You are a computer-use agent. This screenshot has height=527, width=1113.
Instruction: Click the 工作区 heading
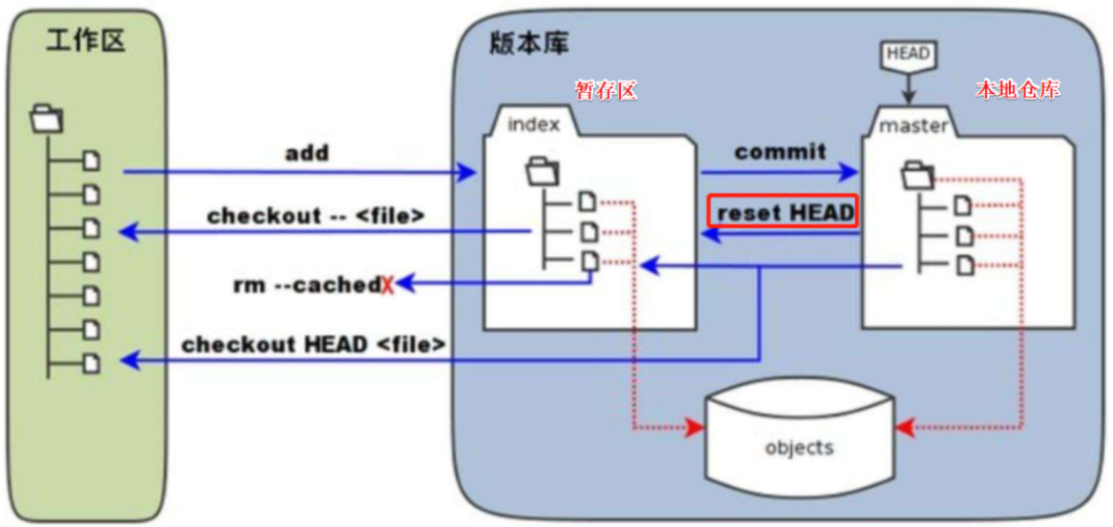pyautogui.click(x=85, y=41)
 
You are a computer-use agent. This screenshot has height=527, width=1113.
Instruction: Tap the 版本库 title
pyautogui.click(x=529, y=43)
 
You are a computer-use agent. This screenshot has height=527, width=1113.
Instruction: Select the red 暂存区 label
pyautogui.click(x=606, y=90)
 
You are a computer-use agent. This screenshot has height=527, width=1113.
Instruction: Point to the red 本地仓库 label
pyautogui.click(x=1017, y=89)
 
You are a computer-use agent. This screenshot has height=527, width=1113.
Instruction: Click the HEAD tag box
pyautogui.click(x=908, y=54)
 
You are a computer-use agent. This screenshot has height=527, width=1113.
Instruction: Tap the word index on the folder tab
pyautogui.click(x=533, y=124)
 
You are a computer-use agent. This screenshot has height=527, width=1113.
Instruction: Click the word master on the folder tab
pyautogui.click(x=913, y=126)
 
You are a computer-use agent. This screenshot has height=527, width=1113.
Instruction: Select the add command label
pyautogui.click(x=307, y=153)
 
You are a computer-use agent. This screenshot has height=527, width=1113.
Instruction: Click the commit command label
pyautogui.click(x=780, y=151)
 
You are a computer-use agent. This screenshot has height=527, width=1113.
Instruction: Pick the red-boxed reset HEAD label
pyautogui.click(x=784, y=213)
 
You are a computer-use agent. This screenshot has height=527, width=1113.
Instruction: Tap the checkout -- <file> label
pyautogui.click(x=316, y=216)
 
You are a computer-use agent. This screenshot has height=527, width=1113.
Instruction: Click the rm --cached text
pyautogui.click(x=306, y=284)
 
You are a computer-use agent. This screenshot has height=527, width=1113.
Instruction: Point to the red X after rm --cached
pyautogui.click(x=387, y=284)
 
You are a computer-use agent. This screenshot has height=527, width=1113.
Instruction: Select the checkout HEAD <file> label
pyautogui.click(x=313, y=344)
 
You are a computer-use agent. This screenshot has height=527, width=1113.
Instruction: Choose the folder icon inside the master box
pyautogui.click(x=917, y=175)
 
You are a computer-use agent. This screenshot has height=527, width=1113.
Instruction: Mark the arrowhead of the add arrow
pyautogui.click(x=468, y=173)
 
